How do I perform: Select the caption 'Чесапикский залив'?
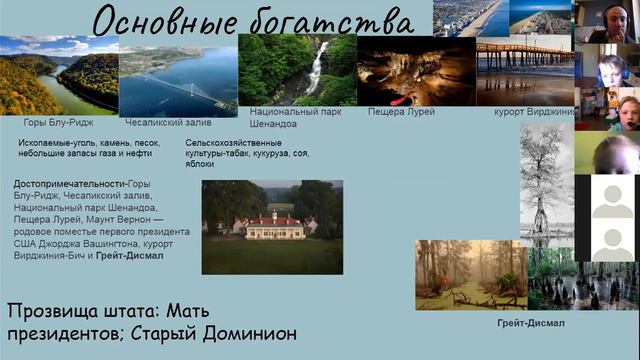coord(167,122)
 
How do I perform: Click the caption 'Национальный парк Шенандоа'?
coord(286,117)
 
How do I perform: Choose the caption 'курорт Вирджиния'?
coord(531,111)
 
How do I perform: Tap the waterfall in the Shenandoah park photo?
coord(318,65)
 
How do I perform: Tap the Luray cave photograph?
coord(414,70)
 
